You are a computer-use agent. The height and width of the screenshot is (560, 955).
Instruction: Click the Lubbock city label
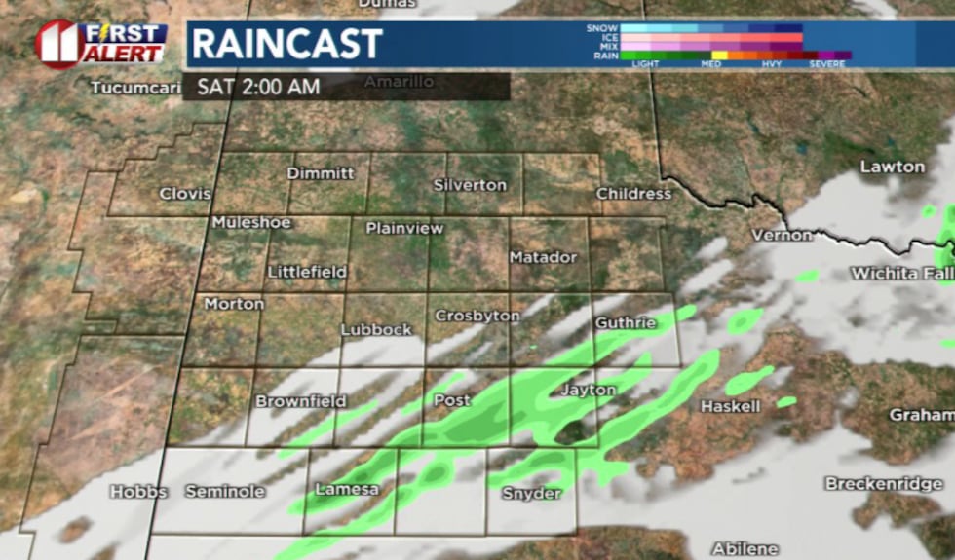[x=376, y=330]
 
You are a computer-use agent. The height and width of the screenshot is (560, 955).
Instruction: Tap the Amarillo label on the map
[x=399, y=82]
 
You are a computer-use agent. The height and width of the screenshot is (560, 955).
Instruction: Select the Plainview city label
[x=404, y=229]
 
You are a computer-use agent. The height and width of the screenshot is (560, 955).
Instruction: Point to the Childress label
[x=634, y=194]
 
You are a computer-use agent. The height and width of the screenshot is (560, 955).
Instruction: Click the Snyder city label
[x=531, y=494]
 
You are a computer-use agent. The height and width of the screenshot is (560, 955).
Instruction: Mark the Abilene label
[x=745, y=548]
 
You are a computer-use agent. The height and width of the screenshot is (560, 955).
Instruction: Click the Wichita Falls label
[x=901, y=274]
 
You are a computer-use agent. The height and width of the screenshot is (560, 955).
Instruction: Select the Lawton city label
[x=892, y=167]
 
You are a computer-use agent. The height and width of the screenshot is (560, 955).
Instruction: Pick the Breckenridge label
[x=885, y=483]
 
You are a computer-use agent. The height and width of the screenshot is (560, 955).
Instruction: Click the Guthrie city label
[x=624, y=322]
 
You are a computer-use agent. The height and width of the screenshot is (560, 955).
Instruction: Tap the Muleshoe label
[x=251, y=223]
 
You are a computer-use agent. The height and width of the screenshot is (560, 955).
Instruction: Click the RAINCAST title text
[x=286, y=44]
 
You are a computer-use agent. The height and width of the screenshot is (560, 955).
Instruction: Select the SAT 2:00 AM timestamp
[x=258, y=87]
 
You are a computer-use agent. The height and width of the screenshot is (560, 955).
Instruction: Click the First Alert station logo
[x=101, y=44]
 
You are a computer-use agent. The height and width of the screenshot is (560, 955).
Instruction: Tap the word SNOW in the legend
[x=602, y=28]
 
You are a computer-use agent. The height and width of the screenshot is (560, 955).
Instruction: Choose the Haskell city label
[x=730, y=406]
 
